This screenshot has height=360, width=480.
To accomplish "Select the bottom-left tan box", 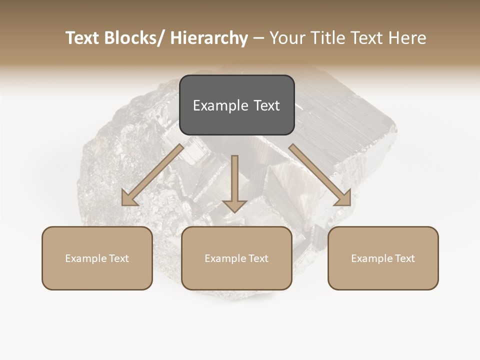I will (x=97, y=258).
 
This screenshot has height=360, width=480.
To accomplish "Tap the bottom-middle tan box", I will (x=236, y=258).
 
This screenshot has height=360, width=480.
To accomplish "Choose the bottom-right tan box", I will (x=383, y=258).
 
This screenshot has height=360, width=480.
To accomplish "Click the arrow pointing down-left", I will (x=152, y=175).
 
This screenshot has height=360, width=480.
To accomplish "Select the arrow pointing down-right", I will (x=320, y=175).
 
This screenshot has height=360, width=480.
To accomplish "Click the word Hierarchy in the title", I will (x=209, y=38).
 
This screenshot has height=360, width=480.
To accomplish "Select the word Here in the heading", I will (x=408, y=38).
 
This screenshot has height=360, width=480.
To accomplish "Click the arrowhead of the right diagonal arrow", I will (x=343, y=198).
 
